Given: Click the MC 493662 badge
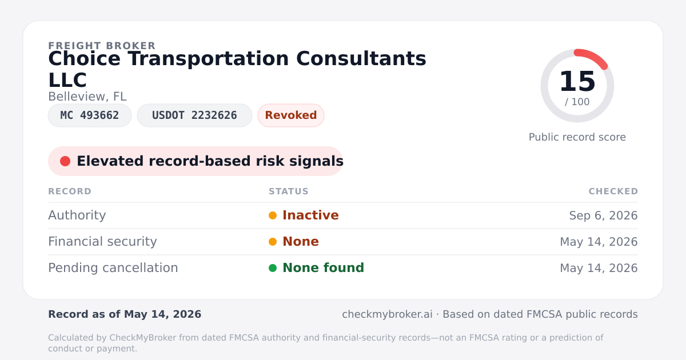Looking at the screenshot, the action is (90, 115).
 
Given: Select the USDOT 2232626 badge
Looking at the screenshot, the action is (194, 115).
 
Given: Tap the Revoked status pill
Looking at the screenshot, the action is (291, 115).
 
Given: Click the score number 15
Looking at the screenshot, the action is (577, 81).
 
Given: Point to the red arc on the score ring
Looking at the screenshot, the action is (594, 57).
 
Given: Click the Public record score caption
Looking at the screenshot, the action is (577, 137).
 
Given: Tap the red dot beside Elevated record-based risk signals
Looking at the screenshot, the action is (65, 161).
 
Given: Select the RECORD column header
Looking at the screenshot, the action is (70, 191).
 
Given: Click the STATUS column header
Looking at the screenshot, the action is (289, 191).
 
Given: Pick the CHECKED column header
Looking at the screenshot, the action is (613, 191).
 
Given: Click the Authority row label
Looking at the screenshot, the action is (77, 215).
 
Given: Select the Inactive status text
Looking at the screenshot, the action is (310, 215).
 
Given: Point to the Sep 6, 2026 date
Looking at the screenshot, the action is (603, 215).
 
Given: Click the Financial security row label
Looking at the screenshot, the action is (102, 242).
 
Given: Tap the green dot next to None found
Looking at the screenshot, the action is (273, 268).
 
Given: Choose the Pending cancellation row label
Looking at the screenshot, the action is (113, 268).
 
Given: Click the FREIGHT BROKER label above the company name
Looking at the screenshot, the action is (102, 46).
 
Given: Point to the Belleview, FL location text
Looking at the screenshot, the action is (87, 97).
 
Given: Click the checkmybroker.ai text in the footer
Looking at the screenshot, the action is (387, 314).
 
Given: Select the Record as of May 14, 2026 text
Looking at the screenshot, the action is (125, 314).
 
